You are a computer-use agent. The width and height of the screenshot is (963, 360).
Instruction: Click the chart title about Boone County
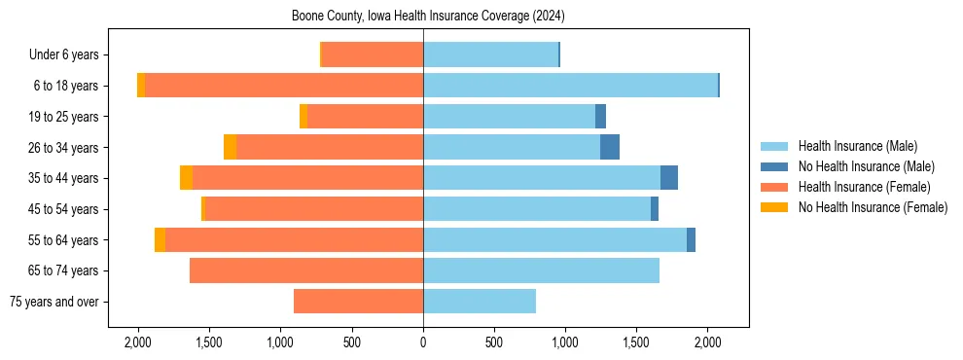click(x=428, y=17)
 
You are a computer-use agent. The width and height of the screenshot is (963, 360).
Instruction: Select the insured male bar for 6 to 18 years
click(x=570, y=86)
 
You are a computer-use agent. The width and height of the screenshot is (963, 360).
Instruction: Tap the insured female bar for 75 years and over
click(x=358, y=302)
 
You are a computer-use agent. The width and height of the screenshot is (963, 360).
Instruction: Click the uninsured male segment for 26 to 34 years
click(x=610, y=147)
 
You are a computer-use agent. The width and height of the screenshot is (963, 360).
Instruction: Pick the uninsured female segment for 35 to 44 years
click(x=186, y=178)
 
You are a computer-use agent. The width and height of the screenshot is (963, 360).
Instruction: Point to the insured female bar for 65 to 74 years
click(x=306, y=270)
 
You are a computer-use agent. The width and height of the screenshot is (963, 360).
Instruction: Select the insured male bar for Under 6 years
click(x=490, y=54)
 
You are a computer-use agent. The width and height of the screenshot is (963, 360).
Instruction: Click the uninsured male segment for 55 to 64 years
click(x=691, y=239)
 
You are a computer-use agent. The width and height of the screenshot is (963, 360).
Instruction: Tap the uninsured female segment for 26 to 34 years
click(x=230, y=147)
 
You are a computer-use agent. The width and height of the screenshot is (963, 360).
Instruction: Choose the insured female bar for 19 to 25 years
click(x=365, y=117)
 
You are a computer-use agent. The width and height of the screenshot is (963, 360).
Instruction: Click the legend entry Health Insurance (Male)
click(x=857, y=146)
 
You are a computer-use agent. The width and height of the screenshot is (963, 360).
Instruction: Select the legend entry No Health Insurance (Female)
click(x=873, y=207)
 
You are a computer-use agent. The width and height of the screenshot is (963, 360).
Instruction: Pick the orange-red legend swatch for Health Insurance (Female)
click(x=773, y=187)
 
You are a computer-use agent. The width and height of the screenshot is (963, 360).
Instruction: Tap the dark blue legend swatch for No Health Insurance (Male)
click(x=773, y=166)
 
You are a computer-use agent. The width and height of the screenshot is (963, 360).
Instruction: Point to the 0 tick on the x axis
click(x=423, y=342)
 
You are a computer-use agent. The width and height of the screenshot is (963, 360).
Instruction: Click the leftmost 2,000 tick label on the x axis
click(x=138, y=342)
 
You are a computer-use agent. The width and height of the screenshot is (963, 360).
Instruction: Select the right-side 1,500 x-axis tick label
click(x=636, y=342)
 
